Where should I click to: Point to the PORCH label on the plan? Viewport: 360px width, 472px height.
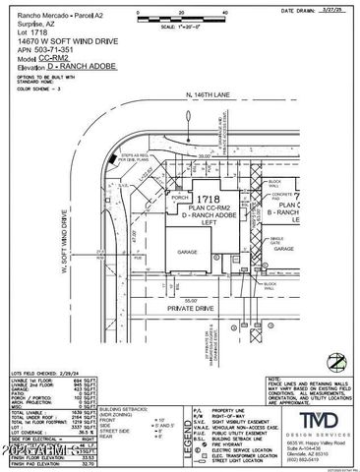click(x=179, y=195)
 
